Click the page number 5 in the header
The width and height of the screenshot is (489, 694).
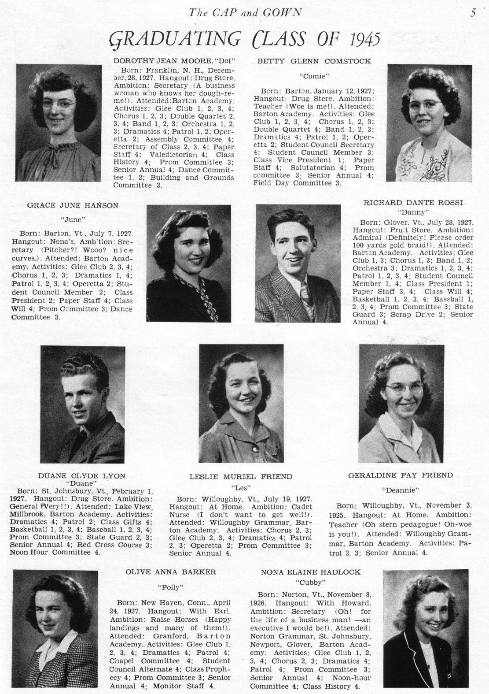tap(473, 13)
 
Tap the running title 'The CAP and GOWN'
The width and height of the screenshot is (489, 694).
tap(245, 13)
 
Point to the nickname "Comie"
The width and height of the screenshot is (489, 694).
tap(314, 76)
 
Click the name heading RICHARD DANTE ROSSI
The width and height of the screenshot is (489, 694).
tap(413, 203)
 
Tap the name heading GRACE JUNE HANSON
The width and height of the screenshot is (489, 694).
tap(73, 205)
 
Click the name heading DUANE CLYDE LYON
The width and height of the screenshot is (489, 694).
tap(81, 475)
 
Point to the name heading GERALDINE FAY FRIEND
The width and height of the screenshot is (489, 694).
tap(400, 475)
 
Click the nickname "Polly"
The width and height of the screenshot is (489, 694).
tap(170, 586)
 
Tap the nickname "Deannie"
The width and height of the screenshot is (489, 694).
tap(400, 490)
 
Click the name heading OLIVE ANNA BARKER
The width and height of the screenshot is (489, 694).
tap(171, 572)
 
